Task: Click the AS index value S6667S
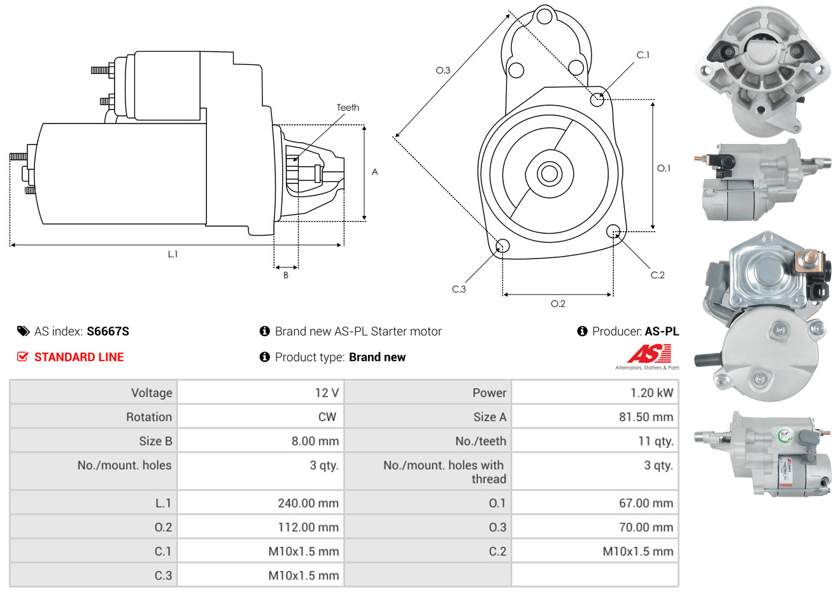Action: (x=108, y=331)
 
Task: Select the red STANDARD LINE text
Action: (x=79, y=357)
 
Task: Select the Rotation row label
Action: (x=149, y=417)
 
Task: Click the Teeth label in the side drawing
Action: (x=348, y=108)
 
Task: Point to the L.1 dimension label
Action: (x=173, y=254)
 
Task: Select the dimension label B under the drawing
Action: (x=286, y=275)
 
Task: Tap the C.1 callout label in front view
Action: (x=643, y=55)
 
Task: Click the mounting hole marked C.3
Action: (x=502, y=246)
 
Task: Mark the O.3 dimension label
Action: (x=443, y=70)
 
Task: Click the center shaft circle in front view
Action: (x=548, y=173)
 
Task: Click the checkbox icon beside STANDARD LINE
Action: (x=23, y=357)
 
